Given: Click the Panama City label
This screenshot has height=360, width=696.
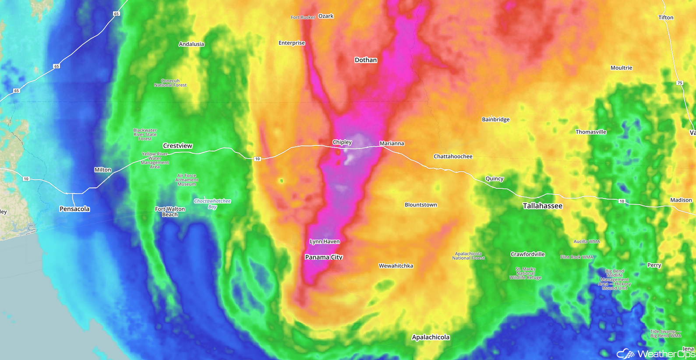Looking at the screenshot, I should (x=324, y=257).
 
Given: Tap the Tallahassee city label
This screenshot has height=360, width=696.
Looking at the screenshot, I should (x=542, y=206).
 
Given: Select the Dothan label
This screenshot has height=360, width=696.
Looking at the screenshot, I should (x=365, y=60).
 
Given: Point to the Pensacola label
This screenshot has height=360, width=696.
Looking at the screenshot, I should (x=74, y=209).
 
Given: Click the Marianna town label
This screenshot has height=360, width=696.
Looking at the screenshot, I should (x=392, y=144).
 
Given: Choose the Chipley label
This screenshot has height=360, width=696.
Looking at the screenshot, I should (x=342, y=142).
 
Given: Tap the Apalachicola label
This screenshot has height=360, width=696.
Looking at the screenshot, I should (x=431, y=337).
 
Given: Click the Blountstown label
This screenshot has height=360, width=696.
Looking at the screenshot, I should (x=420, y=205).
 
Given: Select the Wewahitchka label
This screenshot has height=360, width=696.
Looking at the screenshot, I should (x=396, y=266).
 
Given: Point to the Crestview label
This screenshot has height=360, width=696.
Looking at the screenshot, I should (x=177, y=146).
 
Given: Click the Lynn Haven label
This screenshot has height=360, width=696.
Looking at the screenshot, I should (x=325, y=241).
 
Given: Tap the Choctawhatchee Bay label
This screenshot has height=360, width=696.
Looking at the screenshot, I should (x=212, y=204).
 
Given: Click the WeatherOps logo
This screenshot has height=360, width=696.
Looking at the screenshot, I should (x=655, y=353).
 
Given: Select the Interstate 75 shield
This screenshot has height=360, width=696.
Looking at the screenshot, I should (x=679, y=83).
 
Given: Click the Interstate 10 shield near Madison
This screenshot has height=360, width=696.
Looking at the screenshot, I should (x=622, y=201).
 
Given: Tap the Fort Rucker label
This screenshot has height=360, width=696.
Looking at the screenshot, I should (x=303, y=18).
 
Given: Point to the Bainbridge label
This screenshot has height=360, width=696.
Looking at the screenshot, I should (x=495, y=120).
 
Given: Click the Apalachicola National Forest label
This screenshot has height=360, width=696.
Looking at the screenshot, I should (x=468, y=256).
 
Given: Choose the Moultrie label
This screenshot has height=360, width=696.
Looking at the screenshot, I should (x=621, y=68).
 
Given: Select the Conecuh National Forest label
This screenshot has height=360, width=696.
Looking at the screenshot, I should (x=170, y=83).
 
